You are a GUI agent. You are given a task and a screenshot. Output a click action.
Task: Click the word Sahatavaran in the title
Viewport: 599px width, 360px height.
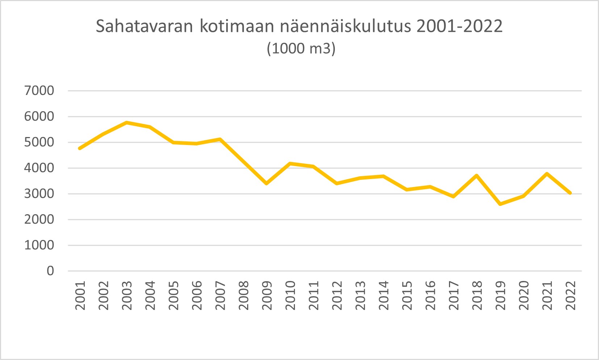click(144, 26)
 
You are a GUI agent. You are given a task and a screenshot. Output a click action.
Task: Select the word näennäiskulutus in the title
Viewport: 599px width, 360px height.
click(345, 26)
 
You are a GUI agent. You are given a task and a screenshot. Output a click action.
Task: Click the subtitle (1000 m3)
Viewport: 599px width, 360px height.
click(301, 49)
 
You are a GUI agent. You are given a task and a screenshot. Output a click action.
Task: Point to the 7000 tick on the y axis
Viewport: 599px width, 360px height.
click(39, 91)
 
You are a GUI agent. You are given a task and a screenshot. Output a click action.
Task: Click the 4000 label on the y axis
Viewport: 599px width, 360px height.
click(39, 168)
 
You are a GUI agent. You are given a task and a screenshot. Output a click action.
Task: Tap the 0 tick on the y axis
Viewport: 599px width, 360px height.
click(50, 271)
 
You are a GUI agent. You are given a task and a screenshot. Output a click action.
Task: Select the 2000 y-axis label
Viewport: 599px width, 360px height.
click(39, 219)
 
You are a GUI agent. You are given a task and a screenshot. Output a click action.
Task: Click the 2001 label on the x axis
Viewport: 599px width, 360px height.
click(80, 295)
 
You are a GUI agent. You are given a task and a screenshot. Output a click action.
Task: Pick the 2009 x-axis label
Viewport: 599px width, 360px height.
click(267, 295)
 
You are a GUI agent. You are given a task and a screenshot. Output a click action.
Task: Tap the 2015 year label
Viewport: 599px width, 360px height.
click(407, 295)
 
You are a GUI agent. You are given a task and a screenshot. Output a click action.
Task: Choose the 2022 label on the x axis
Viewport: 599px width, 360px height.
click(570, 295)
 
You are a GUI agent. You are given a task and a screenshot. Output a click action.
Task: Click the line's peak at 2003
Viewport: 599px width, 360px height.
click(127, 123)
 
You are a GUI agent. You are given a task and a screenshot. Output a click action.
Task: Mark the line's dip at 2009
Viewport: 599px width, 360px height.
click(267, 183)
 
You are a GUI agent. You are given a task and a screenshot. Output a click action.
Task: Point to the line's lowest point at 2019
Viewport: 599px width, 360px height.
click(500, 204)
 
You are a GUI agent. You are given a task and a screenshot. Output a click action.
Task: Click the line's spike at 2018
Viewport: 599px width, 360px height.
click(477, 175)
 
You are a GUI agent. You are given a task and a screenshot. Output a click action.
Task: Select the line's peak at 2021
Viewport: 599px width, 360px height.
click(547, 174)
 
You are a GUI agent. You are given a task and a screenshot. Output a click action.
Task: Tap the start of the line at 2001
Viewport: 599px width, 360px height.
click(80, 148)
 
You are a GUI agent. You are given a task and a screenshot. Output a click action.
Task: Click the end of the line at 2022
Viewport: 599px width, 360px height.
click(570, 193)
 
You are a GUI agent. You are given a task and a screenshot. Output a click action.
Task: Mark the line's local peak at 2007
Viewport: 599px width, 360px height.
click(220, 139)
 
